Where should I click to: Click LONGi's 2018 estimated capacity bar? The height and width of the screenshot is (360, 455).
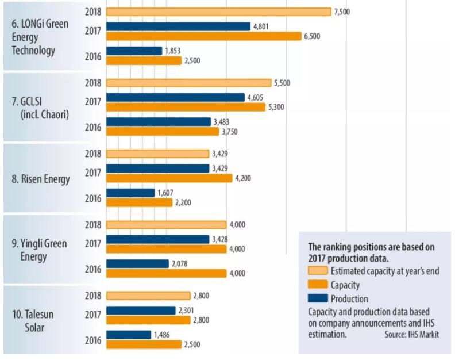click(x=219, y=12)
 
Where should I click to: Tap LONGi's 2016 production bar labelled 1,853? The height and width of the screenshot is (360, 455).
click(x=134, y=51)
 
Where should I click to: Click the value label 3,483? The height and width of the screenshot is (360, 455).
click(x=222, y=121)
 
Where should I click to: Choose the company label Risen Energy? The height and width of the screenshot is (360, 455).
click(x=41, y=179)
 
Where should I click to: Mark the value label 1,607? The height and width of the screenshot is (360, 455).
click(x=165, y=193)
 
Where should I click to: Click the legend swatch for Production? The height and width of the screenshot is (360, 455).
click(x=318, y=298)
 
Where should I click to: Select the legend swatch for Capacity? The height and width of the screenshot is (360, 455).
click(x=318, y=285)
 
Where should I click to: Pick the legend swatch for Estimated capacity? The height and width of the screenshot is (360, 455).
click(x=318, y=271)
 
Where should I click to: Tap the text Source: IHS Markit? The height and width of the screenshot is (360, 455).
click(x=411, y=334)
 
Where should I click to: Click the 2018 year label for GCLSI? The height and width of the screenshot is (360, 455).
click(x=93, y=83)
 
